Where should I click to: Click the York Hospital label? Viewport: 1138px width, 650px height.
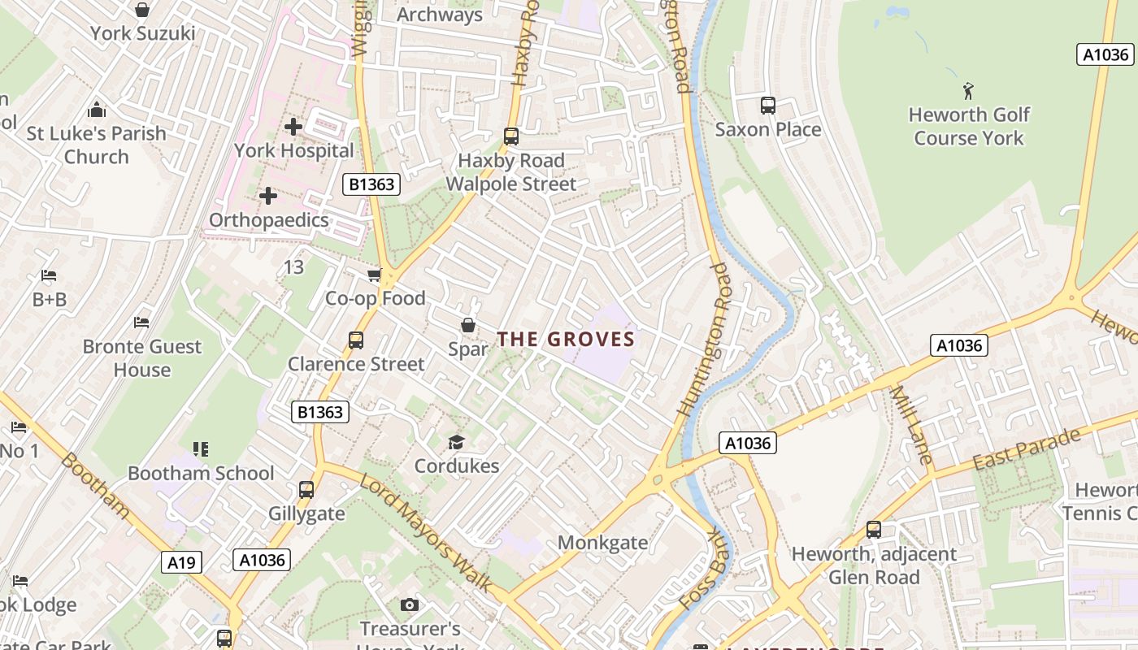(294, 151)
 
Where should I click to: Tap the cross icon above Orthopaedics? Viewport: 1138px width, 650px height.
(267, 196)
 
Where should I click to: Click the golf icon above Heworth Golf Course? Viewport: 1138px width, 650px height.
(967, 90)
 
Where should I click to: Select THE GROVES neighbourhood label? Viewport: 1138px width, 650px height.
(565, 339)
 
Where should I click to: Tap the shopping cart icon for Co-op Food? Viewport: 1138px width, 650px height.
(374, 275)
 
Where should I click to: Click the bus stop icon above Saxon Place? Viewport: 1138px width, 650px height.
(767, 106)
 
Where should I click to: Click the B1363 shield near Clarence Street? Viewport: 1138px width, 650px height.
(320, 412)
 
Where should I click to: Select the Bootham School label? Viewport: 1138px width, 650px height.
(201, 473)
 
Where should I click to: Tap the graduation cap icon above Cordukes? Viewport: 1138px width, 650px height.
(456, 443)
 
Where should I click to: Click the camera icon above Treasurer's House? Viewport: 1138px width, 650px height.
(410, 605)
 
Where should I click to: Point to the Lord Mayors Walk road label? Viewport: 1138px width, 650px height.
(426, 532)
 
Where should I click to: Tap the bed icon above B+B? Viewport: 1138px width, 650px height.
(49, 276)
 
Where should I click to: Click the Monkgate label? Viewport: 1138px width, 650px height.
(602, 543)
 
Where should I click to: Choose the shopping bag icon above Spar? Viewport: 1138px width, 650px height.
(468, 326)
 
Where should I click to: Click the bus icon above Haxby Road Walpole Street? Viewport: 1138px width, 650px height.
(510, 136)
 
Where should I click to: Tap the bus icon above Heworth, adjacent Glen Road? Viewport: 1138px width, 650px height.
(874, 530)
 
